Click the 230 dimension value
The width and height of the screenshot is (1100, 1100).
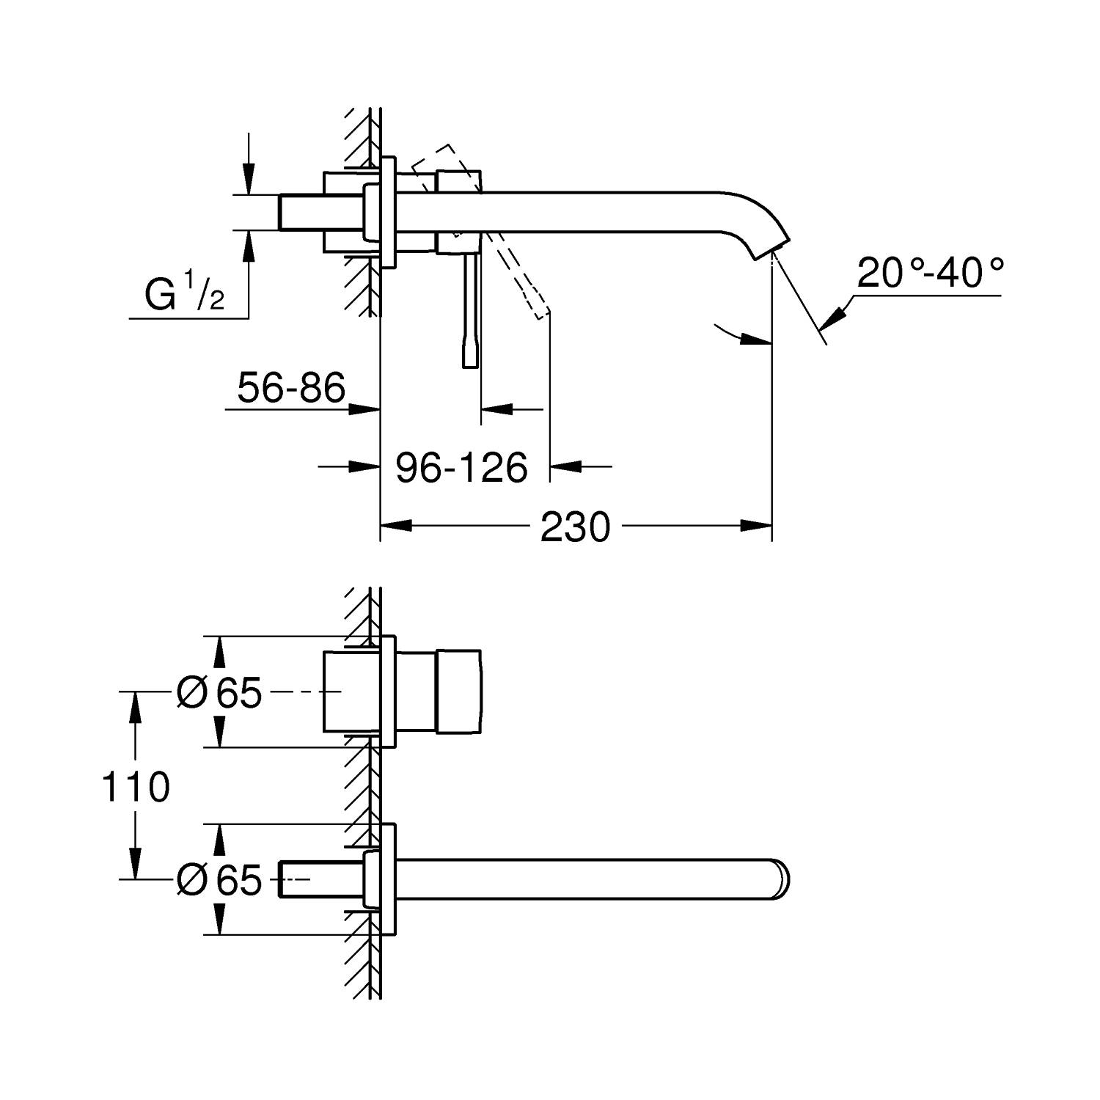pos(575,527)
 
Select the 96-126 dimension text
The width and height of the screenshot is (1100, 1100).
pos(461,467)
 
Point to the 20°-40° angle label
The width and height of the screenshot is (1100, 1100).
pos(929,274)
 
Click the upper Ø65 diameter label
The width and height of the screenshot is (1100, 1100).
pos(219,692)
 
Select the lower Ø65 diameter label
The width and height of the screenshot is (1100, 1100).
pos(219,879)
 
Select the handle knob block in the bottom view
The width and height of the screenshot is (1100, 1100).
pos(459,691)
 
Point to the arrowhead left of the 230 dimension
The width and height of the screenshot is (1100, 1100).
pos(396,525)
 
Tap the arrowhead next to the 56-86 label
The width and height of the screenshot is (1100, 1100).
pos(362,409)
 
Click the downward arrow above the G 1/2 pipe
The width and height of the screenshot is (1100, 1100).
pos(249,180)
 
